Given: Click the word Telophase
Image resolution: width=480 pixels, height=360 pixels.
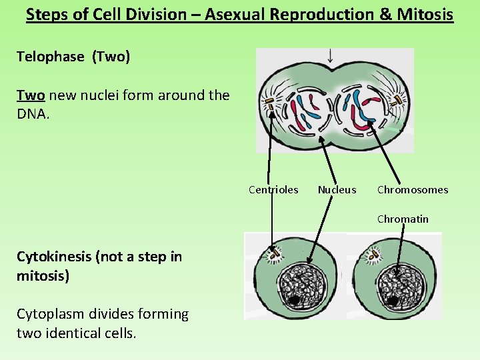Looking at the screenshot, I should coord(51,57).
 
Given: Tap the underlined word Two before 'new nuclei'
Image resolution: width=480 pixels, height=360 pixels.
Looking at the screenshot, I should coord(30,95).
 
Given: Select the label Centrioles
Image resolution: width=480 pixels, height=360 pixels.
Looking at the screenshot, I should coord(273,190).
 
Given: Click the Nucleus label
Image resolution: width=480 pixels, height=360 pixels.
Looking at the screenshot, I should coord(337,190).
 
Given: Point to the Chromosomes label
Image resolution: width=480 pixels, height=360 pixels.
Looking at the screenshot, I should coord(413,190).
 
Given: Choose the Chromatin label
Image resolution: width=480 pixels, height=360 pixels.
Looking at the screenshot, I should coord(403,219).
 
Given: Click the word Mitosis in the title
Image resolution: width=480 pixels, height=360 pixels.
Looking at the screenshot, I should coord(424,14).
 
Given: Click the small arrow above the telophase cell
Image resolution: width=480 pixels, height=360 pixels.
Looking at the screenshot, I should coord(330,56).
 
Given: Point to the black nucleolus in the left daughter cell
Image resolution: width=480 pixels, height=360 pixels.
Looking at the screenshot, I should coord(294,300).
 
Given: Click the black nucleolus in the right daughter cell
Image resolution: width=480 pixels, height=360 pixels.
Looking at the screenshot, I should coord(393,301).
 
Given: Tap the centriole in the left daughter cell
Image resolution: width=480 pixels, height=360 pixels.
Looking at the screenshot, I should coord(273,254).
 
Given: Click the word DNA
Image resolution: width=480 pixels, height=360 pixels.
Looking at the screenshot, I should coord(32,115).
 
